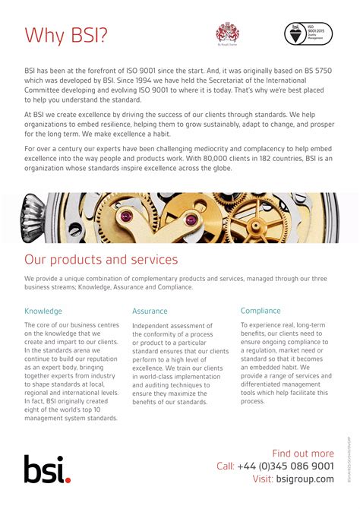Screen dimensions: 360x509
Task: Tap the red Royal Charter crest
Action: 228,33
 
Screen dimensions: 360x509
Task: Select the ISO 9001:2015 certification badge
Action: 308,34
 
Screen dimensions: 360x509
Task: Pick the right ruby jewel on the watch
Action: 191,220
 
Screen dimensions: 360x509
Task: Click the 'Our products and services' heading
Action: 101,260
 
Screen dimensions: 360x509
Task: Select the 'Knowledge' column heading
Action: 43,311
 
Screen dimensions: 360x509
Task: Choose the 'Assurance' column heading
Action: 150,311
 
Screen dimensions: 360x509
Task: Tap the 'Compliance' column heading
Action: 261,311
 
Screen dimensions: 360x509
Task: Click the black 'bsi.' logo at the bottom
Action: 47,469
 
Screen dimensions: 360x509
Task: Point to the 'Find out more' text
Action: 302,454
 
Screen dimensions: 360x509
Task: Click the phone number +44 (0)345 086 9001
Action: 285,466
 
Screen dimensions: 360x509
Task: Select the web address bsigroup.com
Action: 305,479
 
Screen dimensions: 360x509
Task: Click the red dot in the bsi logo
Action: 68,479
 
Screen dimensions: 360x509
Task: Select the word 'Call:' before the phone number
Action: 226,466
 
